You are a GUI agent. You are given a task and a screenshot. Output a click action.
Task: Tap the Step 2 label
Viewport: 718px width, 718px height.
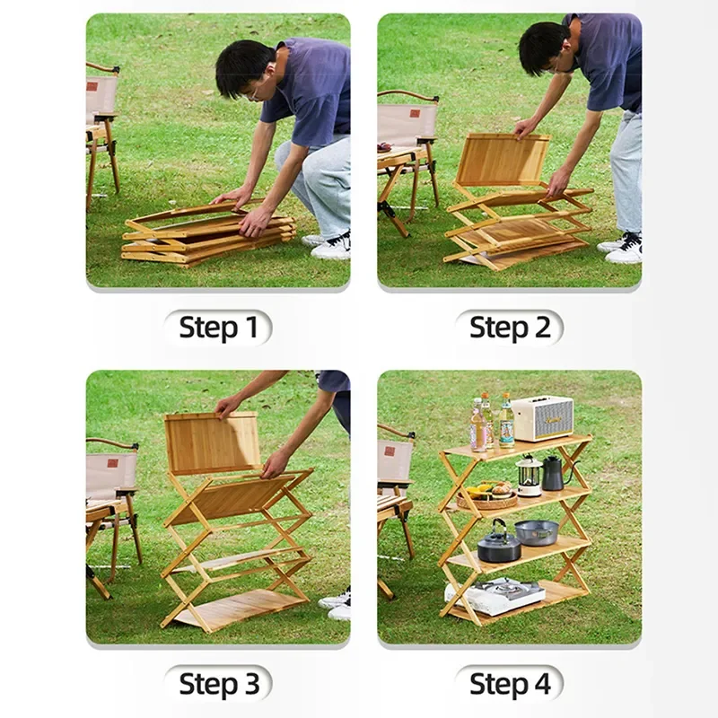(509, 328)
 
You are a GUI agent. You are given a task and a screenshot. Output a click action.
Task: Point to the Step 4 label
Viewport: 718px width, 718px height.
(509, 684)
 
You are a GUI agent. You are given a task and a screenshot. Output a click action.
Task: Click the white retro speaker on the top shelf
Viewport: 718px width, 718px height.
(542, 417)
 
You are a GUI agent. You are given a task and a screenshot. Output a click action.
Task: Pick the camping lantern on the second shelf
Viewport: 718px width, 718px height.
(530, 476)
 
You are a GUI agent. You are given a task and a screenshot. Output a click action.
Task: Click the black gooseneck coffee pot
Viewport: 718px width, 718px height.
(553, 474)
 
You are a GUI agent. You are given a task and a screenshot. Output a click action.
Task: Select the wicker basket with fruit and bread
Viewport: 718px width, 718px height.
(487, 495)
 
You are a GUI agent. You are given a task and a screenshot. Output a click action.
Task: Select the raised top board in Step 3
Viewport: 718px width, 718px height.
(212, 442)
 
